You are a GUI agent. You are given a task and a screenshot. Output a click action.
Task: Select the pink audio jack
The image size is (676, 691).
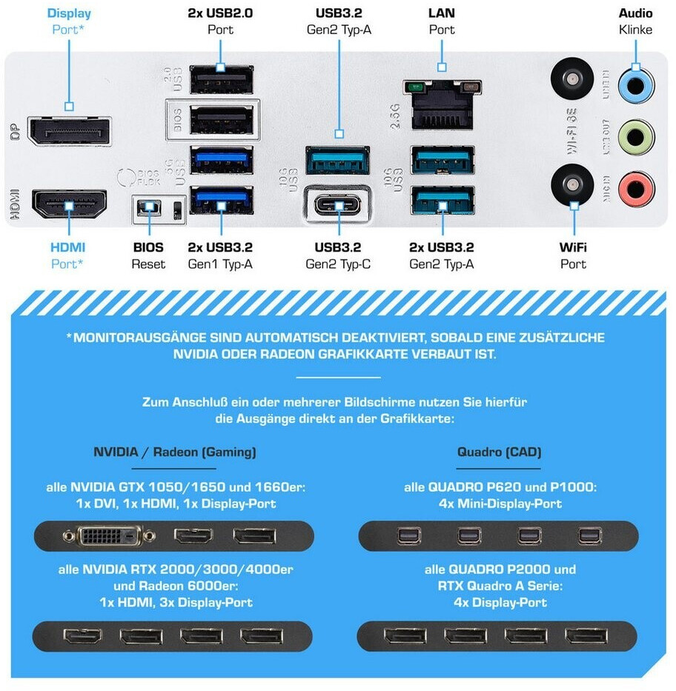click(x=636, y=186)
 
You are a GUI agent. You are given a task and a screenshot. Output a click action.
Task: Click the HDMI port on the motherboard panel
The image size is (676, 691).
click(x=69, y=204)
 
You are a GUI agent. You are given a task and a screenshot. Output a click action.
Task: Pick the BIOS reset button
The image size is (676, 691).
click(x=150, y=208)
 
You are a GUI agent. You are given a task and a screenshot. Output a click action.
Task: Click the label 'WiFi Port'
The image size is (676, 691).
click(x=573, y=255)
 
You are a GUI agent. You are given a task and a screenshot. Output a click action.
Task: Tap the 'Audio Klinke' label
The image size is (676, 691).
click(x=636, y=21)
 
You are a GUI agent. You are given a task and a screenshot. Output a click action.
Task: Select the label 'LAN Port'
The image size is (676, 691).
click(x=442, y=21)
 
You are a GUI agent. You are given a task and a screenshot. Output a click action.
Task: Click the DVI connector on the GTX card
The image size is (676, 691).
click(x=109, y=535)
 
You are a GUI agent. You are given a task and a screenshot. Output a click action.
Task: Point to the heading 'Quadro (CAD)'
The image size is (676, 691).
click(x=499, y=451)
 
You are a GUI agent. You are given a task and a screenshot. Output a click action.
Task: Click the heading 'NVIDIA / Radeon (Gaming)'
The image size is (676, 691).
click(x=175, y=451)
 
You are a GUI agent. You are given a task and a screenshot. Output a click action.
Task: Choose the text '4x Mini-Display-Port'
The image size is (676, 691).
click(x=499, y=504)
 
